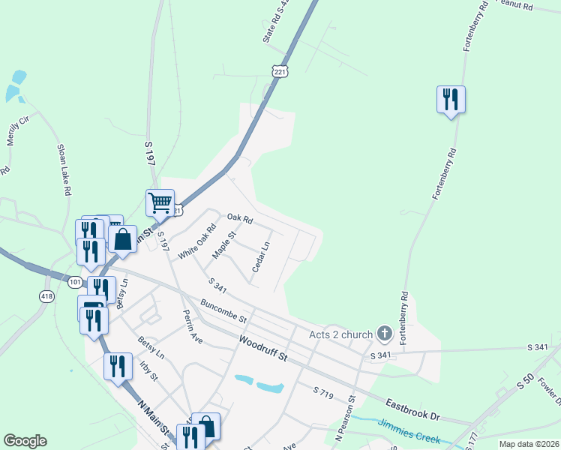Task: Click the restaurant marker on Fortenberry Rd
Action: click(451, 100)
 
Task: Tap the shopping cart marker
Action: click(160, 203)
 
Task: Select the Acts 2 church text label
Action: click(341, 334)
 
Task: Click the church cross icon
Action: click(385, 333)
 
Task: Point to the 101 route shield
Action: click(75, 282)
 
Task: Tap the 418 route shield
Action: click(47, 297)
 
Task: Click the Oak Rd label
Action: click(241, 220)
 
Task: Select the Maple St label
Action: click(224, 244)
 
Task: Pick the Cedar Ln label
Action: click(259, 256)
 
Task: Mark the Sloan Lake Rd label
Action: click(62, 171)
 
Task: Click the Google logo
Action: click(25, 441)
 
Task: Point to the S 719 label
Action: click(323, 392)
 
